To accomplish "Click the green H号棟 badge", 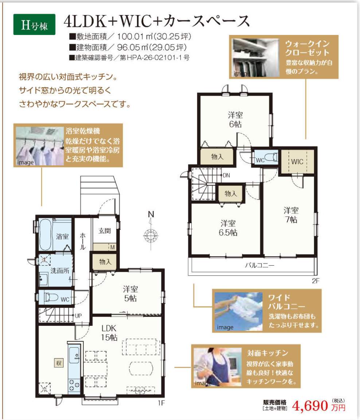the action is pos(34,25).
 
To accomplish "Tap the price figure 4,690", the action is pos(310,406).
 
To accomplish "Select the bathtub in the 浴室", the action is pos(45,235).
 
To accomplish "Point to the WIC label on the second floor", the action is pos(297,162).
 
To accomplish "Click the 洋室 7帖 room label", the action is pos(291,215).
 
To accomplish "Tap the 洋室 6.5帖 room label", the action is pos(228,228).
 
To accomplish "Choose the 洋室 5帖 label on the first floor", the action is pos(130,293).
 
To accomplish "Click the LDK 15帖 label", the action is pos(109,332).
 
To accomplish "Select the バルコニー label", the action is pos(259,265).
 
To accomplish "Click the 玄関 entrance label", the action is pos(104,231).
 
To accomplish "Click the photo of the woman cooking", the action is pos(218,367).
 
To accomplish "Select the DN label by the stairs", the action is pos(226,175).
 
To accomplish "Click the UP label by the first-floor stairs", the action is pos(78,316).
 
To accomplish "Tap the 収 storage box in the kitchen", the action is pos(59,363).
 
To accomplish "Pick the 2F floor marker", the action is pos(316,281).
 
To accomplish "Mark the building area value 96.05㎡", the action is pos(133,47).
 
